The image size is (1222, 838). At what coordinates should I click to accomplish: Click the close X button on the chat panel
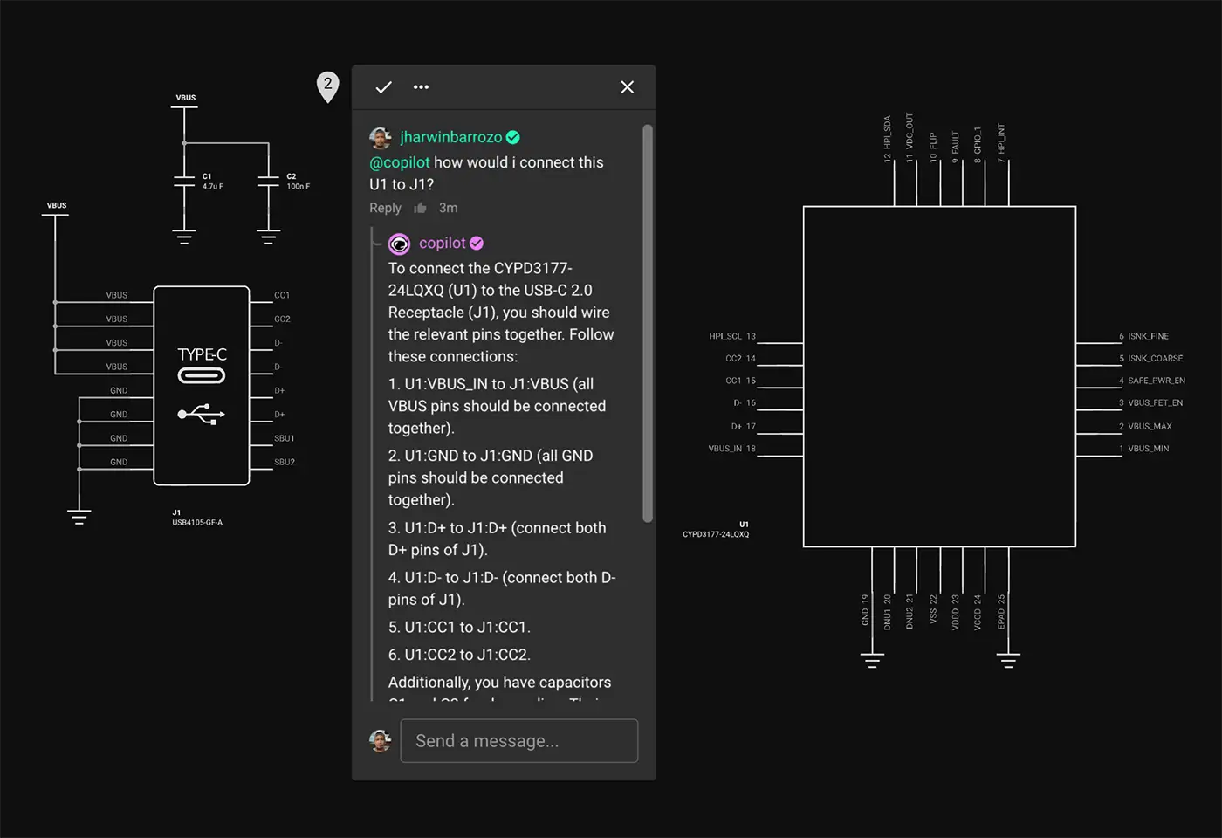click(x=627, y=87)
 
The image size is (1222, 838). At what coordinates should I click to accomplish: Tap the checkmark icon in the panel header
click(x=383, y=87)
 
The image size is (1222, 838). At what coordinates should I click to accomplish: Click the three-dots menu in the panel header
click(x=421, y=87)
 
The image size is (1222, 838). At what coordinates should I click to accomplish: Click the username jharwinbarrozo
click(x=450, y=137)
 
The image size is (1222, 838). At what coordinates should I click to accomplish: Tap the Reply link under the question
click(x=385, y=208)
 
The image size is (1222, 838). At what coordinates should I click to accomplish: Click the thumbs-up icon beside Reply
click(x=420, y=208)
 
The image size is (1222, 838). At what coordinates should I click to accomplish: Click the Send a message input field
click(x=518, y=741)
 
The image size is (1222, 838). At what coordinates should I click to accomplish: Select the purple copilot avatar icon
click(x=399, y=244)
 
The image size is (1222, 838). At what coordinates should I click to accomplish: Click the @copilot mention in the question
click(x=400, y=162)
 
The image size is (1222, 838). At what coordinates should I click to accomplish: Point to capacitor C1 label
click(x=208, y=176)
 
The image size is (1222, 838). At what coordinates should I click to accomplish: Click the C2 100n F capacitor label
click(x=297, y=182)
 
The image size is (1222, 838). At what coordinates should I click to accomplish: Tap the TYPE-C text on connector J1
click(x=202, y=354)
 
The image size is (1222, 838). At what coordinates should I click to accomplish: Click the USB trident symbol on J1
click(x=202, y=414)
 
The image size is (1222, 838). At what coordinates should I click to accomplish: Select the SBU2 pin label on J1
click(x=285, y=462)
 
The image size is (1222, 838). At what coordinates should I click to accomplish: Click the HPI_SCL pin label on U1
click(x=725, y=336)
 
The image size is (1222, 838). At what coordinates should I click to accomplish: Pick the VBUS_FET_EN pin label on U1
click(x=1155, y=403)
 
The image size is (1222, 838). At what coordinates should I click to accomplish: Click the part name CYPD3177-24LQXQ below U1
click(x=716, y=534)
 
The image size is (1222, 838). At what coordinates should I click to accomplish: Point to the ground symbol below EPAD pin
click(x=1008, y=661)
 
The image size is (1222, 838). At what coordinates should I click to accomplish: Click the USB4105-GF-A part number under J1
click(x=197, y=523)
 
